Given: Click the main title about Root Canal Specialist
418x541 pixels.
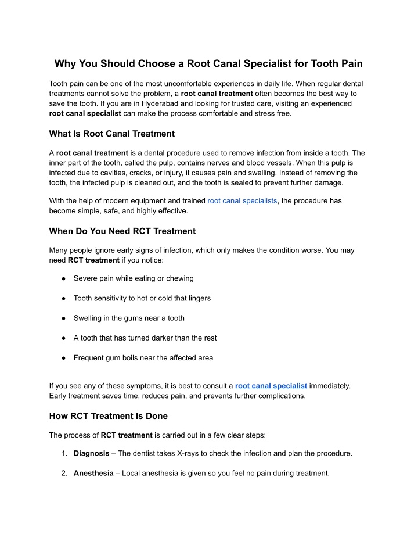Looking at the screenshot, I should (x=208, y=63).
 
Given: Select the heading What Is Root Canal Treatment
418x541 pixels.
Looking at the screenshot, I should (x=111, y=134).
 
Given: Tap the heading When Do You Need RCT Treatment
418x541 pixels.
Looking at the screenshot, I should (x=122, y=231).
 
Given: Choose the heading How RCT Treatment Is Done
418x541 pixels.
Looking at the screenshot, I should (x=108, y=415).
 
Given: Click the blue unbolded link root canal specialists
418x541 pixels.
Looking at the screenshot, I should (x=242, y=200).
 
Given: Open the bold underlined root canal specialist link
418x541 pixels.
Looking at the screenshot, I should (x=271, y=385).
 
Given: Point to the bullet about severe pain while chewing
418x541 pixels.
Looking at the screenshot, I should (x=134, y=278).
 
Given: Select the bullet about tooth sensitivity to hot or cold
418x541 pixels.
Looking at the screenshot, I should (x=142, y=298).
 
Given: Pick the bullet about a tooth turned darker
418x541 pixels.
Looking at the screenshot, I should (x=145, y=338).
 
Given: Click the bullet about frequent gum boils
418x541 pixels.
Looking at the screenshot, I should (x=143, y=357).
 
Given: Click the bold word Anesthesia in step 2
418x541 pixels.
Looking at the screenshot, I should (x=93, y=473).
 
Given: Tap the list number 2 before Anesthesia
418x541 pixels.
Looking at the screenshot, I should (x=64, y=473).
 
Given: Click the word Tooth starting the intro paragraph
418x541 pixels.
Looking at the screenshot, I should (x=59, y=83).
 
